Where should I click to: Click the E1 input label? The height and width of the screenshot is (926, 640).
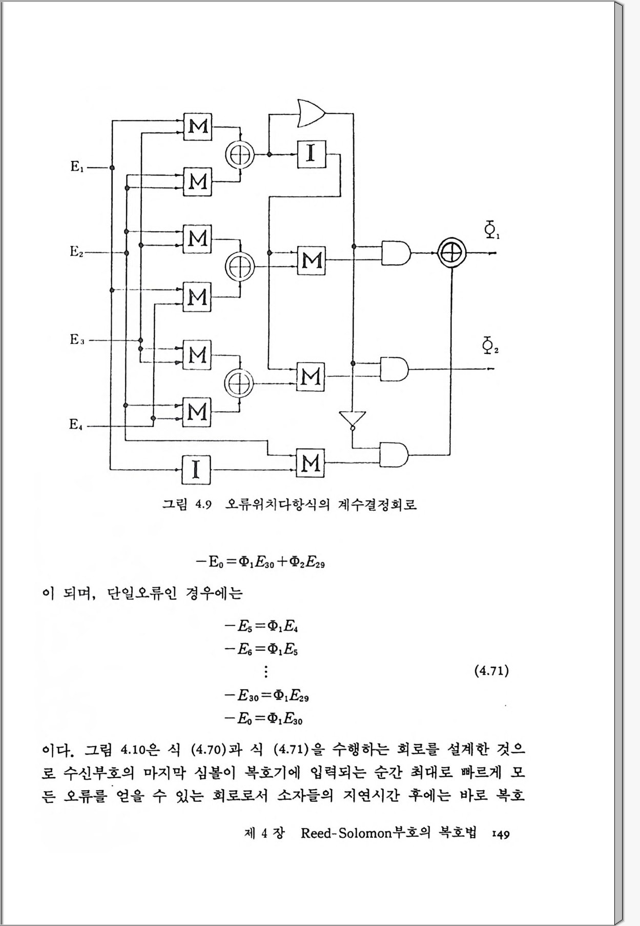[x=76, y=167]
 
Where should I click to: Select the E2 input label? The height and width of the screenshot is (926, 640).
[x=76, y=252]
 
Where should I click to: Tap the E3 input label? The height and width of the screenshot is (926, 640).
[x=77, y=339]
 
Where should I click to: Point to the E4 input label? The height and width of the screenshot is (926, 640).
[x=76, y=425]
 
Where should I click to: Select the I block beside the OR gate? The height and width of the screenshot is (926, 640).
[x=311, y=154]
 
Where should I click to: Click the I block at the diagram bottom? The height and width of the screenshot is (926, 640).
[x=196, y=470]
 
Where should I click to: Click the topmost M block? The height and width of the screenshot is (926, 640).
[x=198, y=125]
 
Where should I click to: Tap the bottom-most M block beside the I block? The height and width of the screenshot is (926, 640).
[x=311, y=463]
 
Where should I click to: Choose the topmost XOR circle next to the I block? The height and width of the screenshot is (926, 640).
[x=239, y=154]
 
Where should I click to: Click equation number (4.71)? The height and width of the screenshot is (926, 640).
[x=491, y=671]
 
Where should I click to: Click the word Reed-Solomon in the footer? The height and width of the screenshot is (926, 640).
[x=346, y=833]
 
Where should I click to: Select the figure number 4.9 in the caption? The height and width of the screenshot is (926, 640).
[x=203, y=505]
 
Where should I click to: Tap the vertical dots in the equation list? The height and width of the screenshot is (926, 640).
[x=265, y=672]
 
